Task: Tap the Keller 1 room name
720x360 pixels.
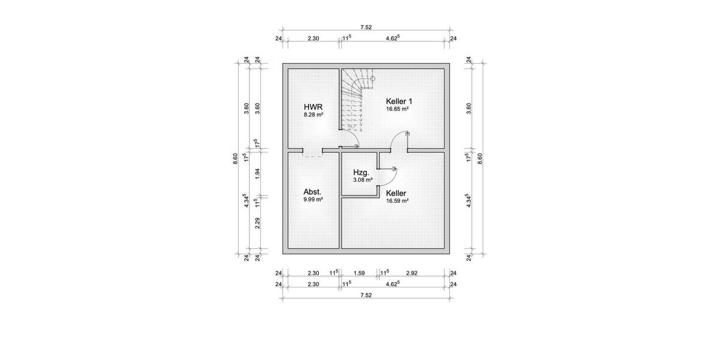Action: click(x=399, y=101)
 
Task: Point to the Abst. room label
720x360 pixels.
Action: click(x=312, y=193)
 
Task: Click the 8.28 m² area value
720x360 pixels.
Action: click(x=313, y=114)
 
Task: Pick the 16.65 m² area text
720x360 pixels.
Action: click(x=398, y=109)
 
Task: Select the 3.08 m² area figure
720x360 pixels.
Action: click(x=363, y=179)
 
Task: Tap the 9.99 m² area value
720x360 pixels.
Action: click(x=313, y=200)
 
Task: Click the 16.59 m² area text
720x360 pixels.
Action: click(x=398, y=201)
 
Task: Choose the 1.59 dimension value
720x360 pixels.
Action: click(x=359, y=274)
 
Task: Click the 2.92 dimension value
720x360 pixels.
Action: click(x=412, y=274)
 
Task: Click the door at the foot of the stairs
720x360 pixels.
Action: click(x=350, y=143)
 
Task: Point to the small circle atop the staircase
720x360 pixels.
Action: click(x=372, y=79)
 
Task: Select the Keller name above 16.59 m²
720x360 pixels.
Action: click(x=397, y=193)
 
